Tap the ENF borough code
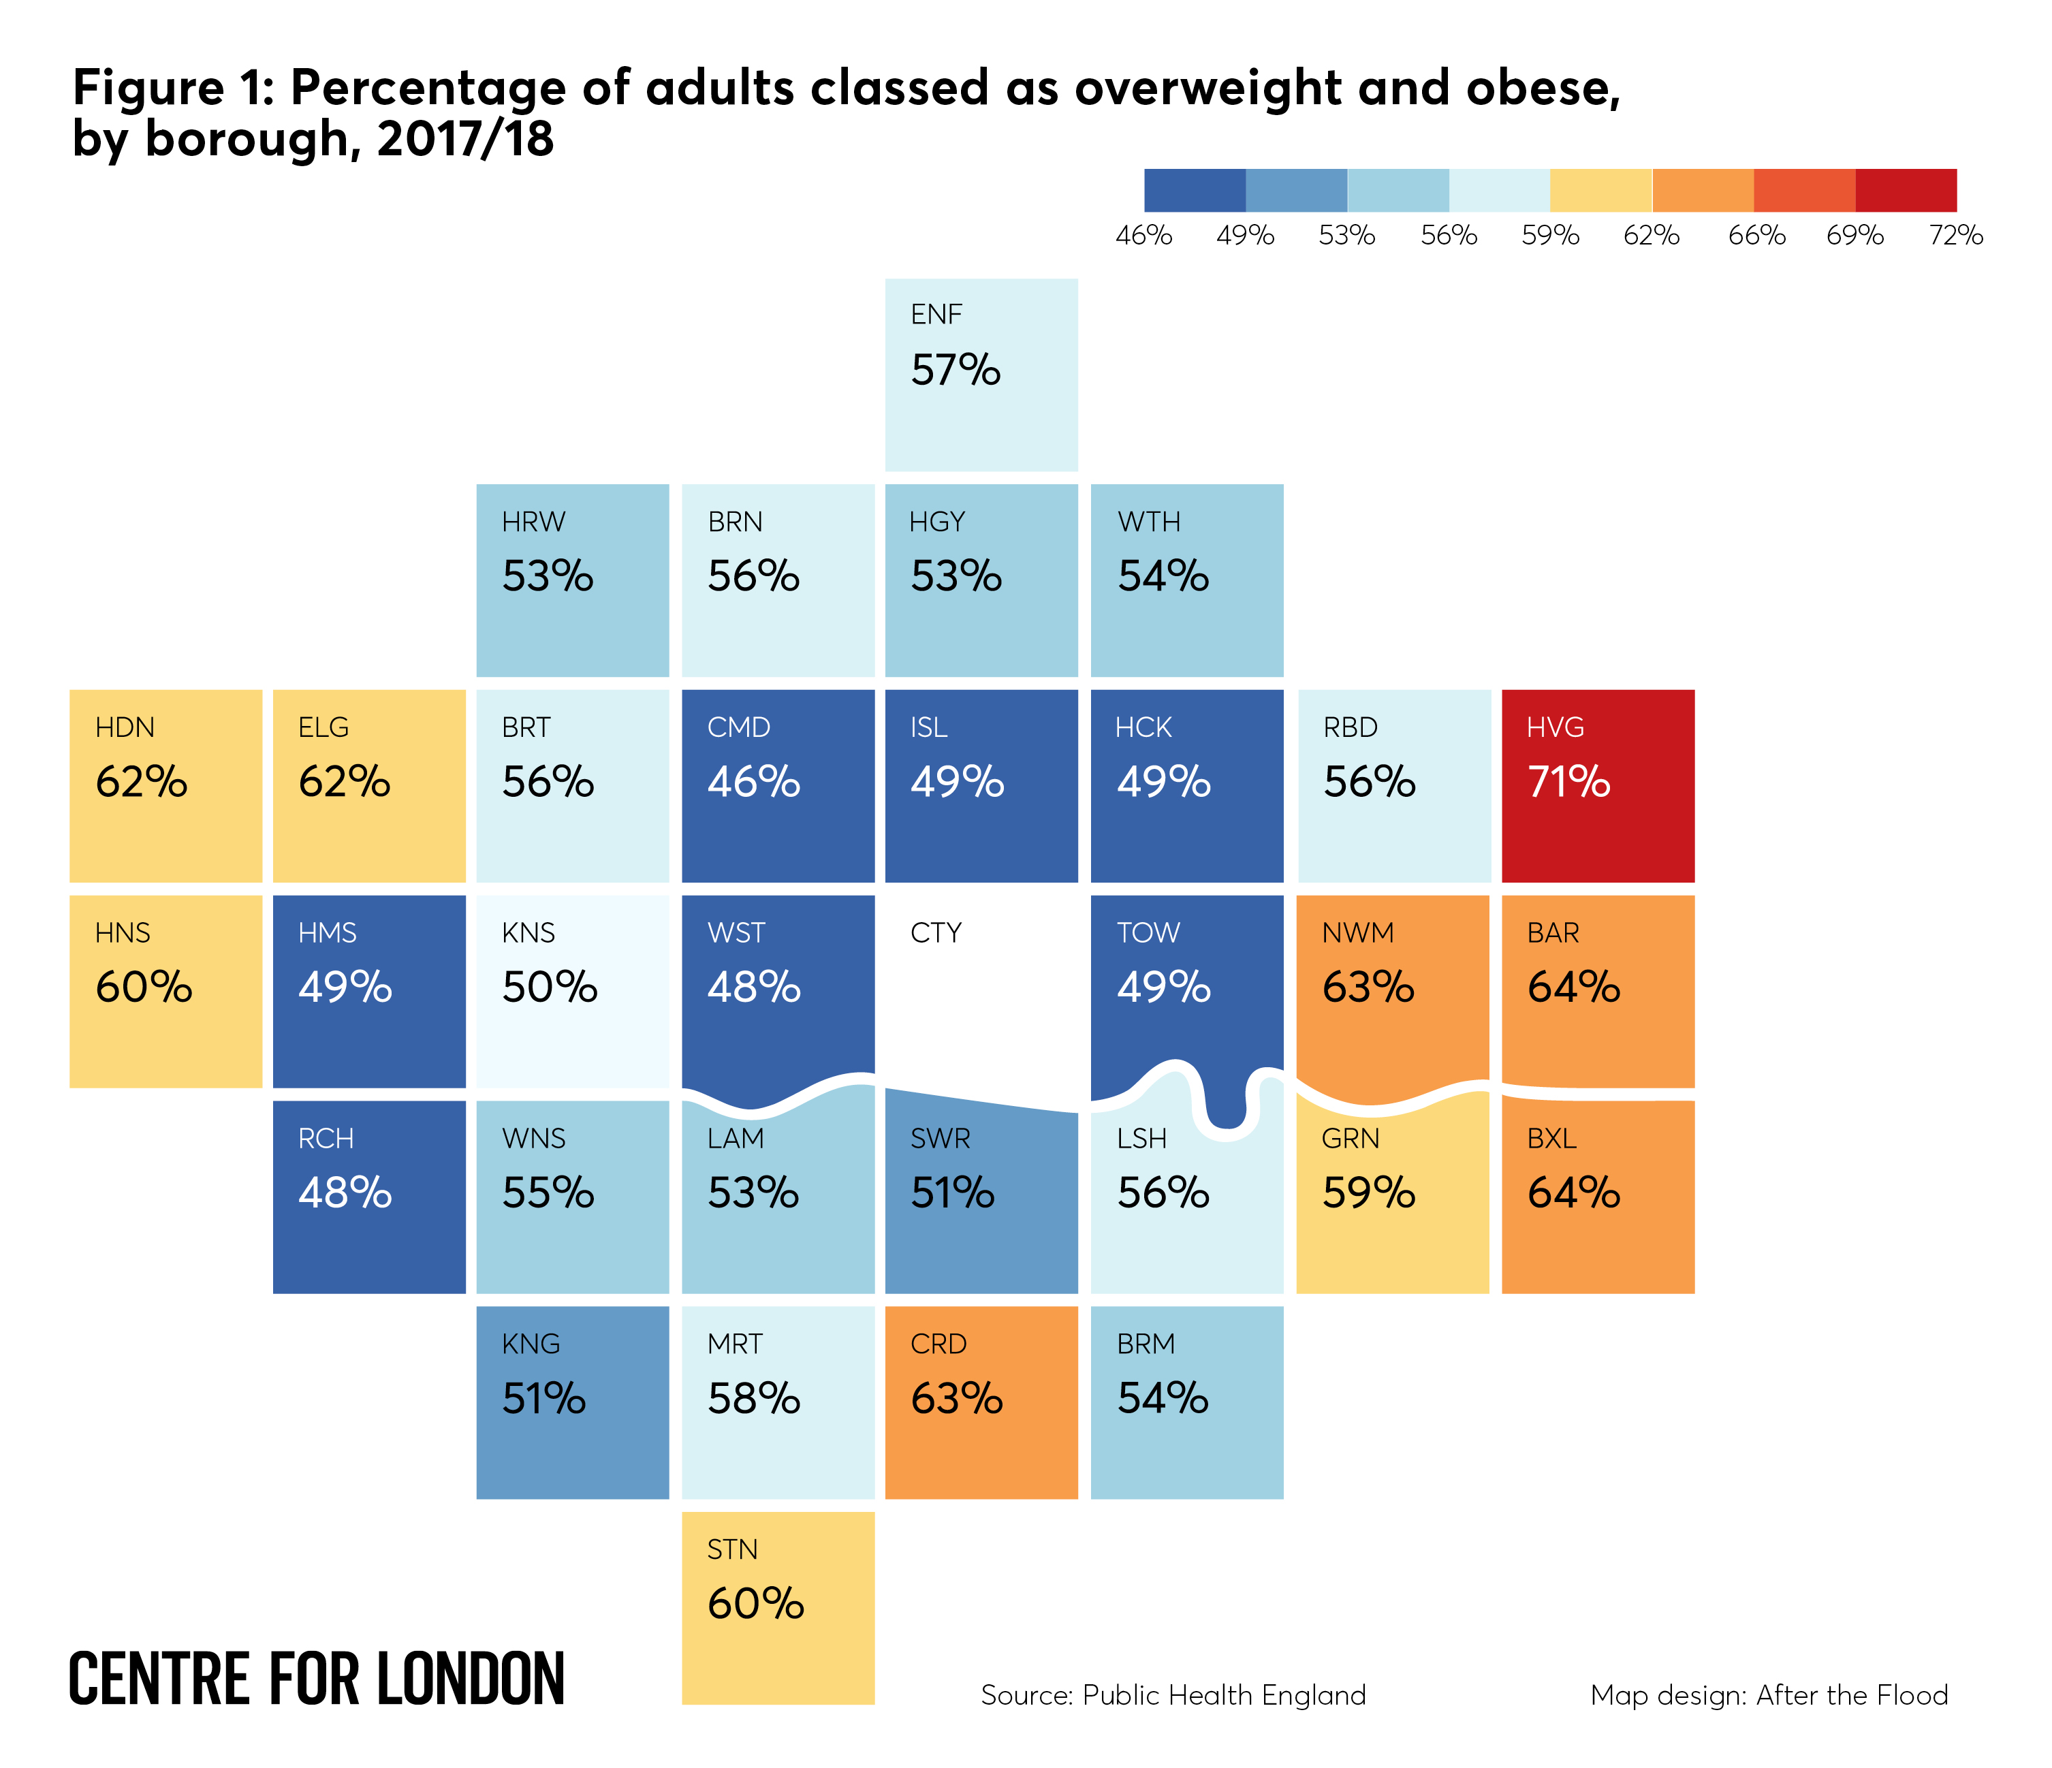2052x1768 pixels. coord(936,314)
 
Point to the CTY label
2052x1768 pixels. coord(935,932)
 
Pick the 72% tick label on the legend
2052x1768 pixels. coord(1955,236)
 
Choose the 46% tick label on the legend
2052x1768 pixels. coord(1144,236)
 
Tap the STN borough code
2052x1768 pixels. coord(732,1549)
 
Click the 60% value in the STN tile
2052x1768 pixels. coord(755,1604)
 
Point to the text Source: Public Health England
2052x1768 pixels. coord(1173,1694)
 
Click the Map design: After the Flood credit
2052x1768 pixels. coord(1768,1694)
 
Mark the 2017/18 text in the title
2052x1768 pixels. coord(464,139)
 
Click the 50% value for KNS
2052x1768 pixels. coord(549,987)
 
